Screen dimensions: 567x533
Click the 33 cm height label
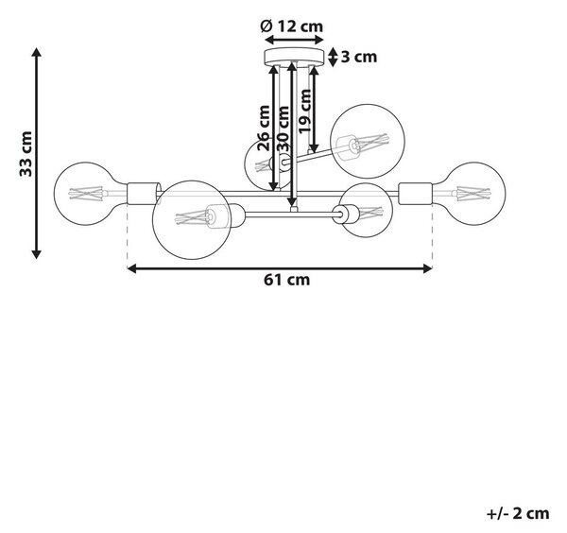pyautogui.click(x=26, y=154)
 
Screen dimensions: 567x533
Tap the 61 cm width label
pyautogui.click(x=286, y=280)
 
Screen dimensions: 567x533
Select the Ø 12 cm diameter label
pyautogui.click(x=292, y=26)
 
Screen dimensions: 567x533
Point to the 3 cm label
pyautogui.click(x=359, y=57)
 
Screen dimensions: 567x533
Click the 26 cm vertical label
pyautogui.click(x=264, y=128)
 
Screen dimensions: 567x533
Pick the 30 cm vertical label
pyautogui.click(x=283, y=129)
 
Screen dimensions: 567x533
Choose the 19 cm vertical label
pyautogui.click(x=304, y=111)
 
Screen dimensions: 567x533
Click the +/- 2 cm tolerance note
pyautogui.click(x=518, y=513)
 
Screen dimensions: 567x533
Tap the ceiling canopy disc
pyautogui.click(x=294, y=57)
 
